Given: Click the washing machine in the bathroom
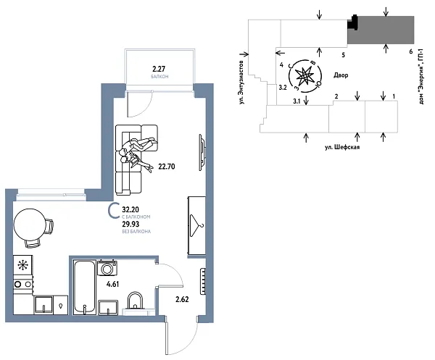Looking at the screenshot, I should [107, 269].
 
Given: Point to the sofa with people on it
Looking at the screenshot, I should [135, 158].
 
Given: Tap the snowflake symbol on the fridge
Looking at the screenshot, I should [22, 264].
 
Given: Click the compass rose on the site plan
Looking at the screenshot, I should [303, 75].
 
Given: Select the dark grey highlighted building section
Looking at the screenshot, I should [384, 31].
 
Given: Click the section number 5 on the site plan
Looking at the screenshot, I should [343, 54].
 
